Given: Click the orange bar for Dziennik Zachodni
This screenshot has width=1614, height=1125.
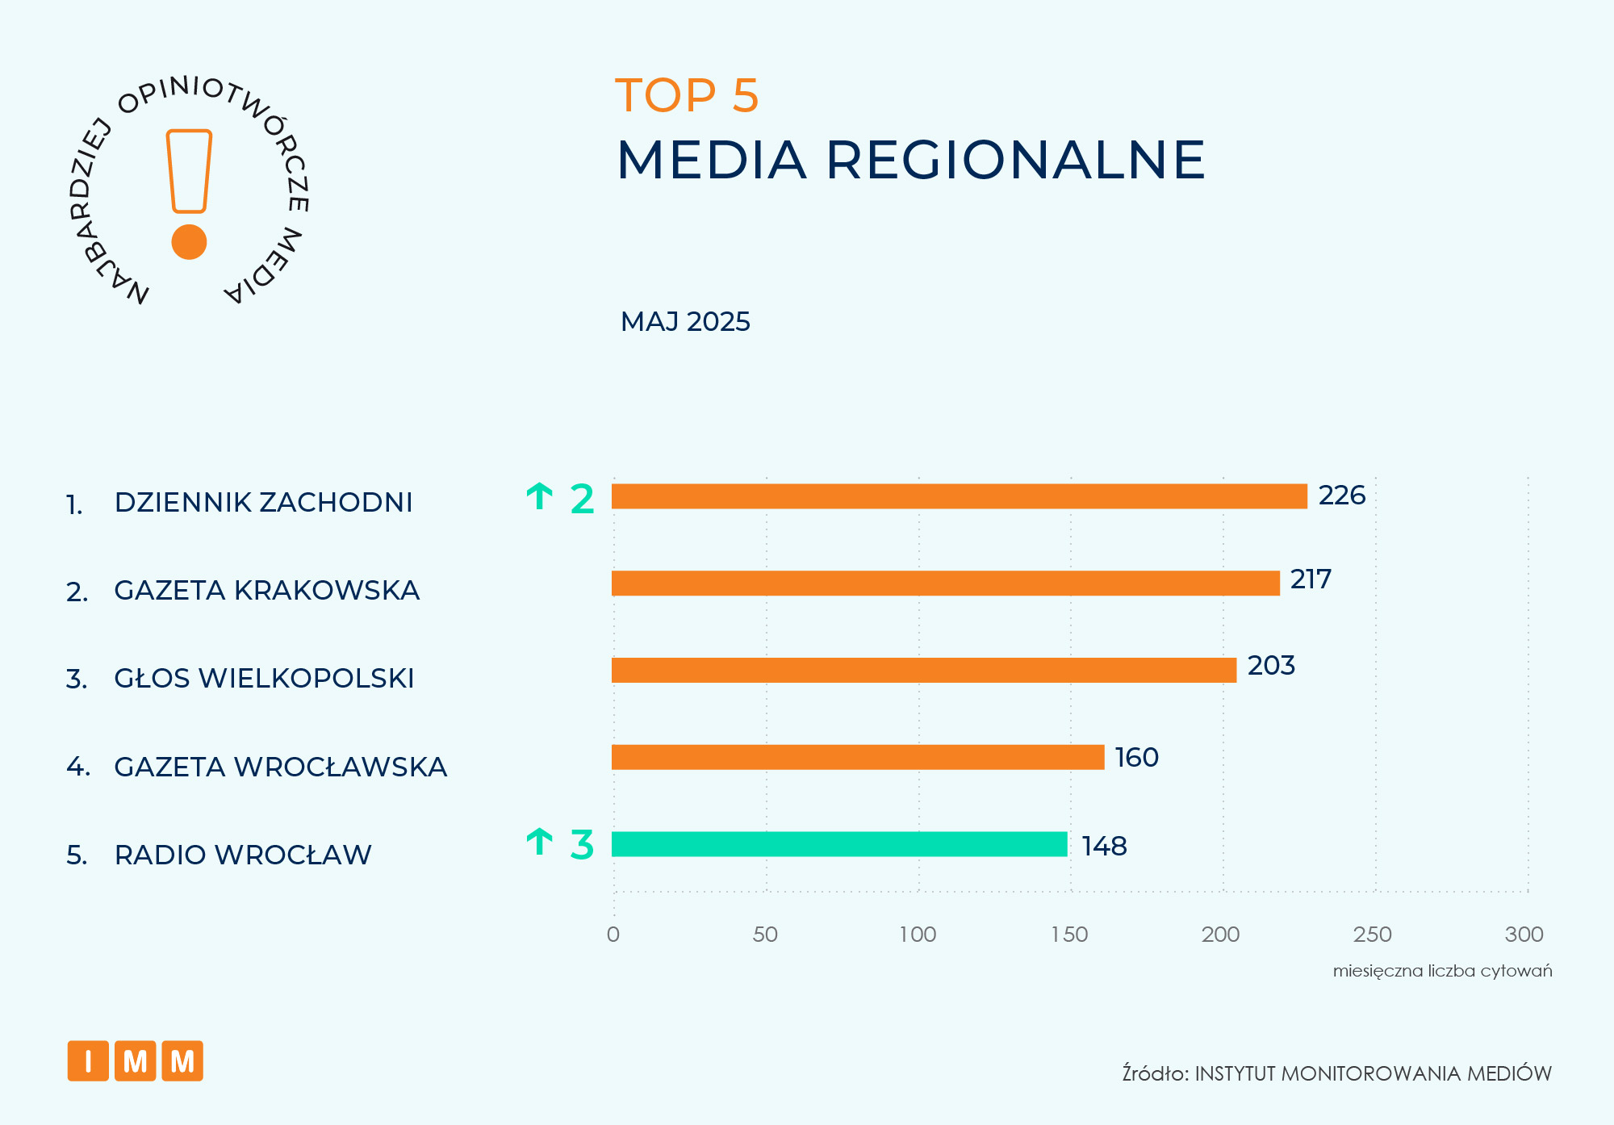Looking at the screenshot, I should point(959,496).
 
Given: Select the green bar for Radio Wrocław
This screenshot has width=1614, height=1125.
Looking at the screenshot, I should point(839,844).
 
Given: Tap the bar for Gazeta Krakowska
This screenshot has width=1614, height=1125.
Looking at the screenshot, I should point(945,583).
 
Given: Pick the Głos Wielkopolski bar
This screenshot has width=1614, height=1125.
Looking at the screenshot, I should point(923,671).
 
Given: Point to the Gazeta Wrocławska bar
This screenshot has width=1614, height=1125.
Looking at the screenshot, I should point(857,757).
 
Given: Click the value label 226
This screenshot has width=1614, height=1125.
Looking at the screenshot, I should point(1341,496).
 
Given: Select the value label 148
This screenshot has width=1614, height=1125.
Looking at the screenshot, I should point(1104,846).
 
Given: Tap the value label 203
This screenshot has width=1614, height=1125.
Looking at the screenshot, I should point(1271,666).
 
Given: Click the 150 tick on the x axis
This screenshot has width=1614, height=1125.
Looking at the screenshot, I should point(1069,935).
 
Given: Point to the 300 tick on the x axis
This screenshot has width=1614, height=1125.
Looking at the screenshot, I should point(1524,935).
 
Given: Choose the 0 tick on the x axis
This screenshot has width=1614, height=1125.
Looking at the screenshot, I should point(613,935).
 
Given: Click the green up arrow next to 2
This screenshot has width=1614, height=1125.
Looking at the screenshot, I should point(539,497).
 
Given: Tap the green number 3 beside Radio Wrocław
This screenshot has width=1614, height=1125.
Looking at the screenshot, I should point(582,845).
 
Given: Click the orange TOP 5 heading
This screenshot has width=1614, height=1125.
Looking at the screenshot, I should point(687,95).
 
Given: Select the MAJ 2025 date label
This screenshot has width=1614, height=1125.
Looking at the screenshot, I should point(685,322).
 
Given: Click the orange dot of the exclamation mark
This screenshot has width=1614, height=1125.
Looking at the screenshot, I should point(190,242).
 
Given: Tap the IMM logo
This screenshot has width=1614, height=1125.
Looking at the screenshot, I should point(136,1061).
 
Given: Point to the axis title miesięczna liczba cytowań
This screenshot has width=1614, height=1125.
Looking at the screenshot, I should point(1442,971).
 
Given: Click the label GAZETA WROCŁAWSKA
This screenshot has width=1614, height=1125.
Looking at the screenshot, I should point(280,767).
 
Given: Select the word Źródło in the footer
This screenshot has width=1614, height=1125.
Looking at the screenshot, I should point(1155,1073).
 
